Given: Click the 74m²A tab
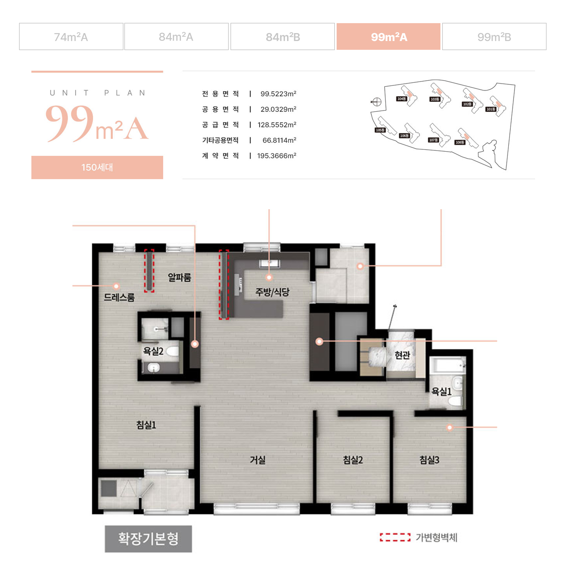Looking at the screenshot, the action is click(71, 37).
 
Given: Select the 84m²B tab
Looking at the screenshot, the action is click(282, 37).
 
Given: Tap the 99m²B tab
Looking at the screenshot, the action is click(494, 37).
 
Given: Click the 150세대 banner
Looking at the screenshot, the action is click(97, 167).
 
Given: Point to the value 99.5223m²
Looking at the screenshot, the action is click(278, 94).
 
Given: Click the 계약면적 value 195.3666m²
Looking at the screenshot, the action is click(277, 156).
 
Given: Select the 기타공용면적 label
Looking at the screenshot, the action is click(220, 140).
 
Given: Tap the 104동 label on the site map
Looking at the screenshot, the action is click(401, 99).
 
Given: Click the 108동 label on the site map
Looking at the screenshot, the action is click(460, 142).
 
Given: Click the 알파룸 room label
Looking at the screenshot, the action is click(179, 277).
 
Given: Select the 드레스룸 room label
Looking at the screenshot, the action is click(119, 297).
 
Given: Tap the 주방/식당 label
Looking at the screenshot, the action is click(272, 292).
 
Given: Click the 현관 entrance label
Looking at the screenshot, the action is click(402, 355).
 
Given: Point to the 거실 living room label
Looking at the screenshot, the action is click(257, 460).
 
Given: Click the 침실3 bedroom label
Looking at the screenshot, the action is click(429, 460).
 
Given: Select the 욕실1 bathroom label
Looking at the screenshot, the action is click(441, 391).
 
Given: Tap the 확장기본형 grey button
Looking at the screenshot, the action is click(148, 538).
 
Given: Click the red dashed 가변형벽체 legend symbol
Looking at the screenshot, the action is click(395, 537).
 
